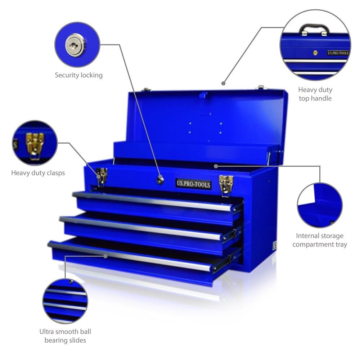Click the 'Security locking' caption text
tap(78, 75)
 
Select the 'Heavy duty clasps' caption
tap(38, 173)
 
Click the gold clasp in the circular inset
tap(35, 144)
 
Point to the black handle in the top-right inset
tap(314, 28)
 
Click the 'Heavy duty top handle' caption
tap(315, 94)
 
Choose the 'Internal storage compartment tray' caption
tap(320, 240)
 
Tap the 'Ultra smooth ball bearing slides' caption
tap(65, 336)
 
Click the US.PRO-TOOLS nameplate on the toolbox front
tap(193, 184)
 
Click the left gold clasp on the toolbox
tap(102, 176)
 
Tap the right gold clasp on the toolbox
tap(226, 184)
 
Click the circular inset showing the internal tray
tap(320, 205)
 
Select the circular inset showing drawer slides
tap(65, 301)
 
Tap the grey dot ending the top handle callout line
tap(224, 83)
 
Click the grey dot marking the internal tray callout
tap(216, 166)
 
